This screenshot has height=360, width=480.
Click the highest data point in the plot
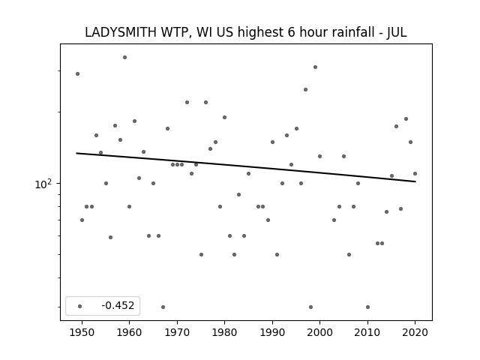pyautogui.click(x=125, y=57)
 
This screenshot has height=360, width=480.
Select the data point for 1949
pyautogui.click(x=77, y=73)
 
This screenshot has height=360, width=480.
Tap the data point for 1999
pyautogui.click(x=315, y=67)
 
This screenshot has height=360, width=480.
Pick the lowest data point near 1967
pyautogui.click(x=163, y=307)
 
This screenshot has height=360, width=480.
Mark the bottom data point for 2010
pyautogui.click(x=367, y=307)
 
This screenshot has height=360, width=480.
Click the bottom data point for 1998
pyautogui.click(x=310, y=307)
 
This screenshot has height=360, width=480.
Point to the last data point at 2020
pyautogui.click(x=415, y=173)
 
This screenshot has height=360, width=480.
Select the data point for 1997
pyautogui.click(x=305, y=90)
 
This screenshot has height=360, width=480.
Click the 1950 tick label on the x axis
pyautogui.click(x=82, y=332)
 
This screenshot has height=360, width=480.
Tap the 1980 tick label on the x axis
pyautogui.click(x=224, y=332)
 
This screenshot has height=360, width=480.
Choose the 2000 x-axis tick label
pyautogui.click(x=320, y=332)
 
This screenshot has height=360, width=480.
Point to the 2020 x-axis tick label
pyautogui.click(x=415, y=332)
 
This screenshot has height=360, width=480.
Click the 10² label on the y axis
pyautogui.click(x=43, y=184)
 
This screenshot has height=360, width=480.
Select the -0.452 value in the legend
pyautogui.click(x=118, y=305)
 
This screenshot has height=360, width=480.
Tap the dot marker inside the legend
pyautogui.click(x=79, y=306)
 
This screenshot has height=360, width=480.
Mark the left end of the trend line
pyautogui.click(x=76, y=153)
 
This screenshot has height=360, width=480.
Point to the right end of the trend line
pyautogui.click(x=415, y=181)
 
